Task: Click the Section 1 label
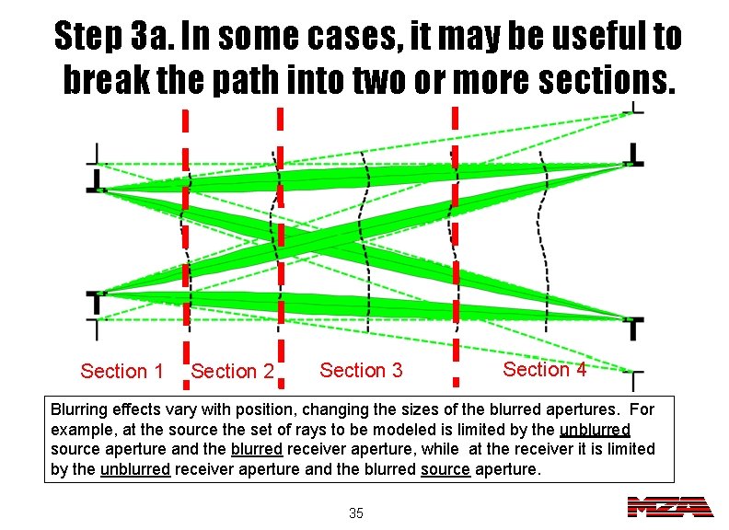[x=121, y=372]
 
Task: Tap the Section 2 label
[x=232, y=372]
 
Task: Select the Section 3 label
[x=361, y=370]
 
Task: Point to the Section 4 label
[x=545, y=369]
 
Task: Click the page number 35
[x=356, y=513]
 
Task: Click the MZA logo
[x=669, y=507]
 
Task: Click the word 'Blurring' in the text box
[x=80, y=409]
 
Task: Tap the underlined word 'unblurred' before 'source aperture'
[x=595, y=430]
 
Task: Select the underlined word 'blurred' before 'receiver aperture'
[x=257, y=450]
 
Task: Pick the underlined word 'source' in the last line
[x=445, y=469]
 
